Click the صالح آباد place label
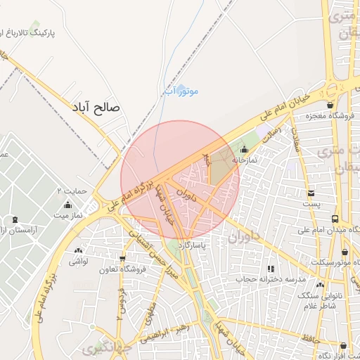[96, 108]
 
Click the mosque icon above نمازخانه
[244, 149]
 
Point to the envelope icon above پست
[311, 193]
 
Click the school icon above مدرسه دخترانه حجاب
[271, 268]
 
